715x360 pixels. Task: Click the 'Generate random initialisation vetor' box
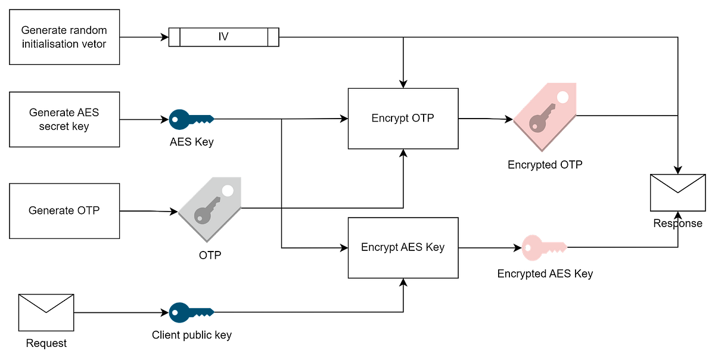(x=64, y=37)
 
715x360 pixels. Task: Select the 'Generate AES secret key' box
(x=64, y=119)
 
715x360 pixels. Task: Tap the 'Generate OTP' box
(x=64, y=210)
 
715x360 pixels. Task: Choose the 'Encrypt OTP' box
(x=403, y=118)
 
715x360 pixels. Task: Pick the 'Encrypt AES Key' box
(x=403, y=247)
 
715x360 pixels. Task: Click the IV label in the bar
(x=223, y=37)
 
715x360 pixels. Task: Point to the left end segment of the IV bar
(x=174, y=37)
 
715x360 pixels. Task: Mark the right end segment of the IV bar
(x=273, y=37)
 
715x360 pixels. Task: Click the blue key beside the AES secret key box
(x=190, y=119)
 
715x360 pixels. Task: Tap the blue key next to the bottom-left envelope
(x=190, y=312)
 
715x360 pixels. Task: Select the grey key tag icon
(x=210, y=209)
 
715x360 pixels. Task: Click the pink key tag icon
(x=545, y=117)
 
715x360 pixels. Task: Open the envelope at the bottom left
(x=46, y=312)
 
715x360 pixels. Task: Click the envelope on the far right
(x=677, y=193)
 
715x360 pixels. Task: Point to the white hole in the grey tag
(x=228, y=191)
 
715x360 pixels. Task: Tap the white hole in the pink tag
(x=562, y=97)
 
